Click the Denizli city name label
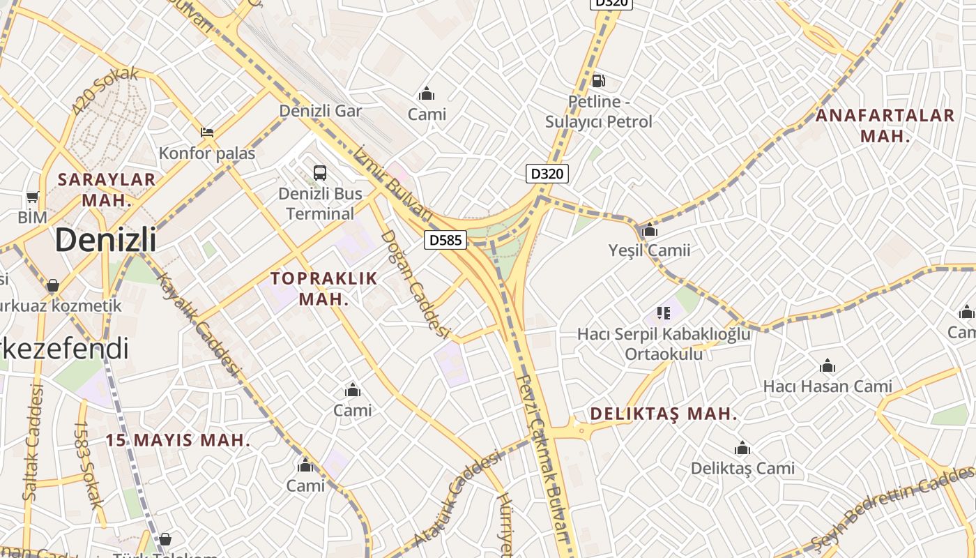[x=105, y=240]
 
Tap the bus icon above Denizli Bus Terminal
[x=320, y=172]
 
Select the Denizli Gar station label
[x=321, y=111]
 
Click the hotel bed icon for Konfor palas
[x=207, y=132]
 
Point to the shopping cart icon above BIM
[x=32, y=197]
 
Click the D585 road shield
[x=445, y=240]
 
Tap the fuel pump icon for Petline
[x=598, y=81]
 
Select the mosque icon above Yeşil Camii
[x=650, y=229]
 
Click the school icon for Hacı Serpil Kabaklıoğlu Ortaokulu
[x=662, y=313]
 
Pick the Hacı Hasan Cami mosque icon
[x=828, y=365]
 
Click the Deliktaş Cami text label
[x=742, y=468]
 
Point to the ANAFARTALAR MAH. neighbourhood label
[x=885, y=126]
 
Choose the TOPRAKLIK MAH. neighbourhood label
[x=324, y=289]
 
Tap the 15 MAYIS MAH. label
[x=178, y=440]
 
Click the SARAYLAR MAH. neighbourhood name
[x=107, y=189]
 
